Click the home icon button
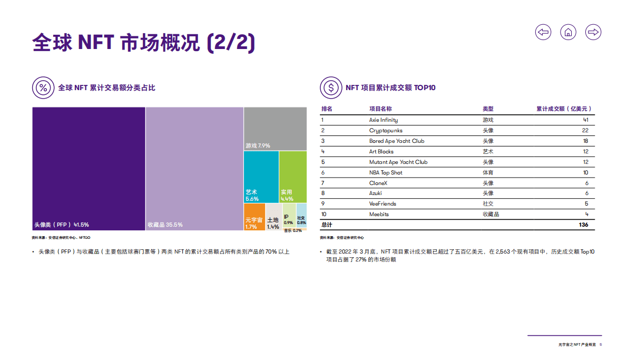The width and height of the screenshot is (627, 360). pyautogui.click(x=568, y=32)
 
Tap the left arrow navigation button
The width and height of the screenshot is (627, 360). pyautogui.click(x=543, y=32)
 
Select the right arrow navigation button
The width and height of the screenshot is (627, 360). pyautogui.click(x=593, y=32)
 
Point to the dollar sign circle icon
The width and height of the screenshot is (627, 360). pyautogui.click(x=330, y=87)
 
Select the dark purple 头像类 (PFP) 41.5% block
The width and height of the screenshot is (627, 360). pyautogui.click(x=89, y=169)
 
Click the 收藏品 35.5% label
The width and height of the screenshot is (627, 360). pyautogui.click(x=165, y=225)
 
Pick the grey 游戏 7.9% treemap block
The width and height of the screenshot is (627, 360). pyautogui.click(x=275, y=129)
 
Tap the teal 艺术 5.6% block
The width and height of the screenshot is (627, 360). pyautogui.click(x=261, y=177)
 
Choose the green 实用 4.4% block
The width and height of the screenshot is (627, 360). pyautogui.click(x=292, y=177)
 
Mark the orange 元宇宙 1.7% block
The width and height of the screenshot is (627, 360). pyautogui.click(x=254, y=217)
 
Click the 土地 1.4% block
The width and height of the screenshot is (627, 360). pyautogui.click(x=273, y=217)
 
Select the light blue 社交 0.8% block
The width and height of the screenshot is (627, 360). pyautogui.click(x=301, y=216)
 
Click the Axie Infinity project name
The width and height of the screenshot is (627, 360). pyautogui.click(x=383, y=120)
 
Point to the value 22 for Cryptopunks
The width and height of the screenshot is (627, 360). pyautogui.click(x=585, y=131)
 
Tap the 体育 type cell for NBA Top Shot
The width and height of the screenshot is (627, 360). pyautogui.click(x=488, y=172)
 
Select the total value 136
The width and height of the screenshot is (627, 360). pyautogui.click(x=583, y=225)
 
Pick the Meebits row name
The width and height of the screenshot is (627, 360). pyautogui.click(x=379, y=215)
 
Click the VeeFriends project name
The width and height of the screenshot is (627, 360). pyautogui.click(x=383, y=204)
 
